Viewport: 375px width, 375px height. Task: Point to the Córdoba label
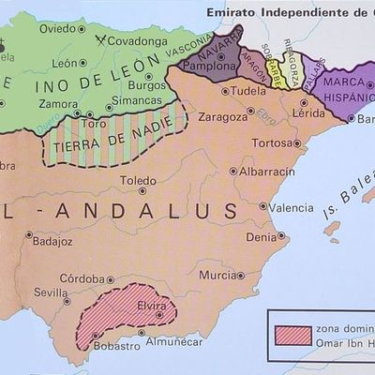point(81,277)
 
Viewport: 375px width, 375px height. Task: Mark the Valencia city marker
point(261,207)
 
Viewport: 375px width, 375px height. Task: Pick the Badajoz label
point(52,241)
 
